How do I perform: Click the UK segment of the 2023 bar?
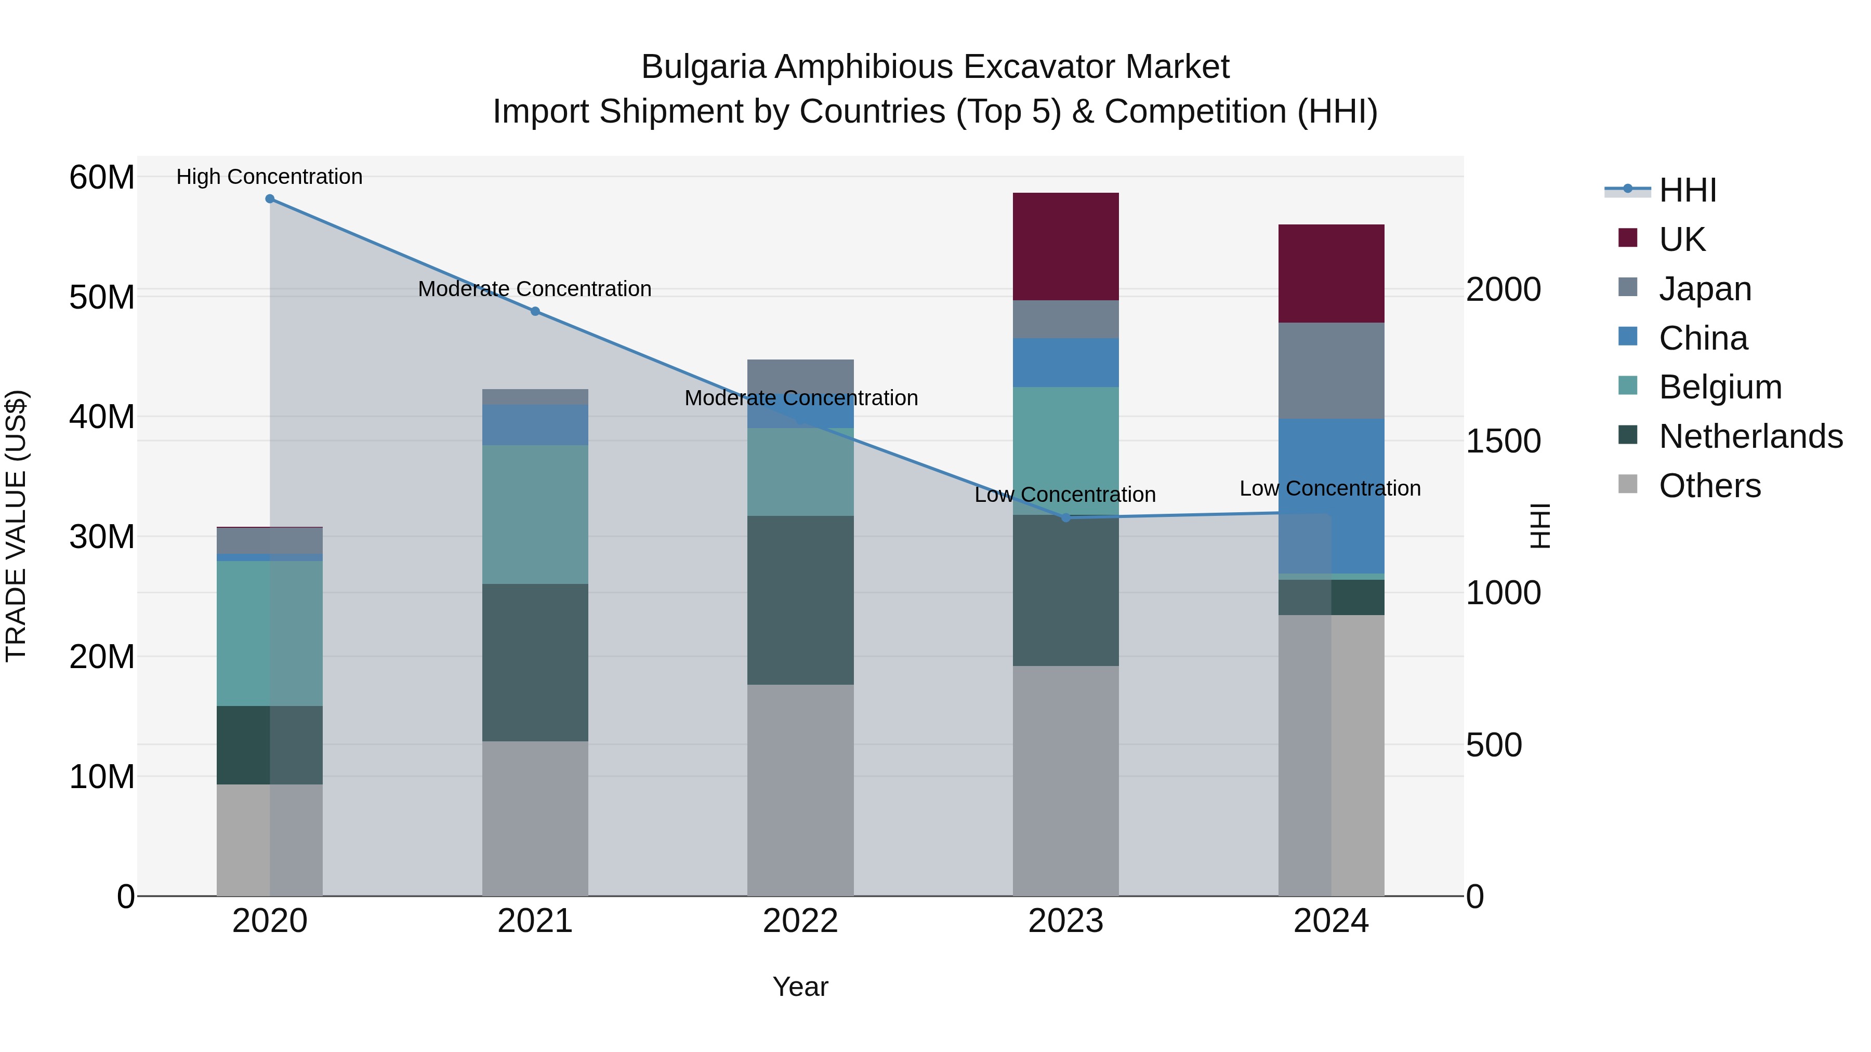point(1065,246)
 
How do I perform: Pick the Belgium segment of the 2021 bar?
point(535,514)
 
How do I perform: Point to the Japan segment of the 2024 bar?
point(1332,370)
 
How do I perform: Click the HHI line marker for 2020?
point(269,199)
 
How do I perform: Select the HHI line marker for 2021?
point(535,312)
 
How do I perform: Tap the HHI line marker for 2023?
point(1065,517)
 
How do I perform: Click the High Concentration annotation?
point(269,177)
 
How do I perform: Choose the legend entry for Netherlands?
point(1750,436)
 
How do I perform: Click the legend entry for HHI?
point(1687,190)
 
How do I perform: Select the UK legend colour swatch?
point(1628,238)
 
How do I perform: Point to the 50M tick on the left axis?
point(102,298)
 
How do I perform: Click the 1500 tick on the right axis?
point(1503,442)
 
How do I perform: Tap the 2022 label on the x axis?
point(800,921)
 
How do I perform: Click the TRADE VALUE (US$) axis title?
point(16,526)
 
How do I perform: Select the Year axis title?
point(800,987)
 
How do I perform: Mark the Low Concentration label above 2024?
point(1330,489)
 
